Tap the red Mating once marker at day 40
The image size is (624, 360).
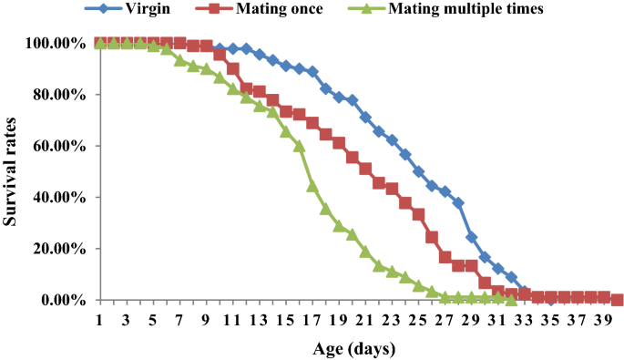click(x=618, y=300)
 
